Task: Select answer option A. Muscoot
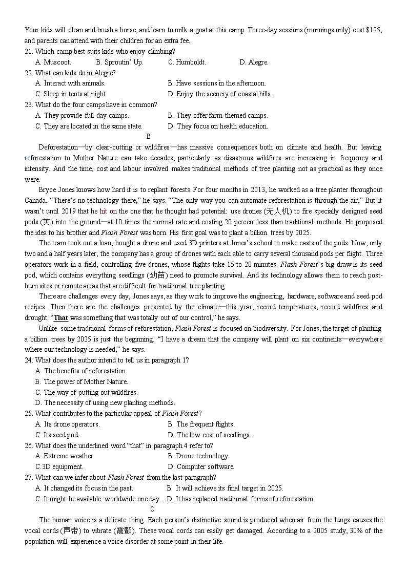click(x=53, y=62)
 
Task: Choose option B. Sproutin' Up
click(x=119, y=62)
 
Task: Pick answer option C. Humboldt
click(x=187, y=62)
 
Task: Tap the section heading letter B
click(x=149, y=136)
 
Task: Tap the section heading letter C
click(x=152, y=509)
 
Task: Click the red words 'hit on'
click(x=108, y=211)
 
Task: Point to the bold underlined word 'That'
click(x=61, y=318)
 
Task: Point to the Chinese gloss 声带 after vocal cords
click(x=70, y=530)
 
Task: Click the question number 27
click(x=29, y=477)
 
